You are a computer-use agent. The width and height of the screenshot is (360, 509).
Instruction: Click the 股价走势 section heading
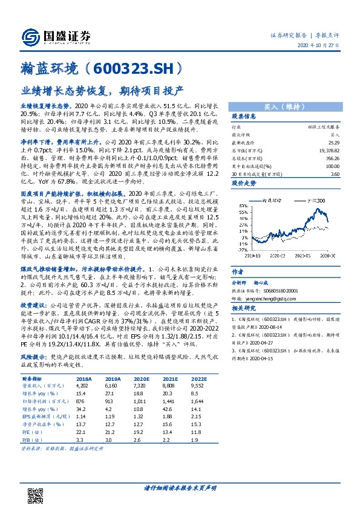coord(244,181)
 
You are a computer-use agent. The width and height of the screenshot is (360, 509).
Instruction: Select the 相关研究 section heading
coord(244,308)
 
